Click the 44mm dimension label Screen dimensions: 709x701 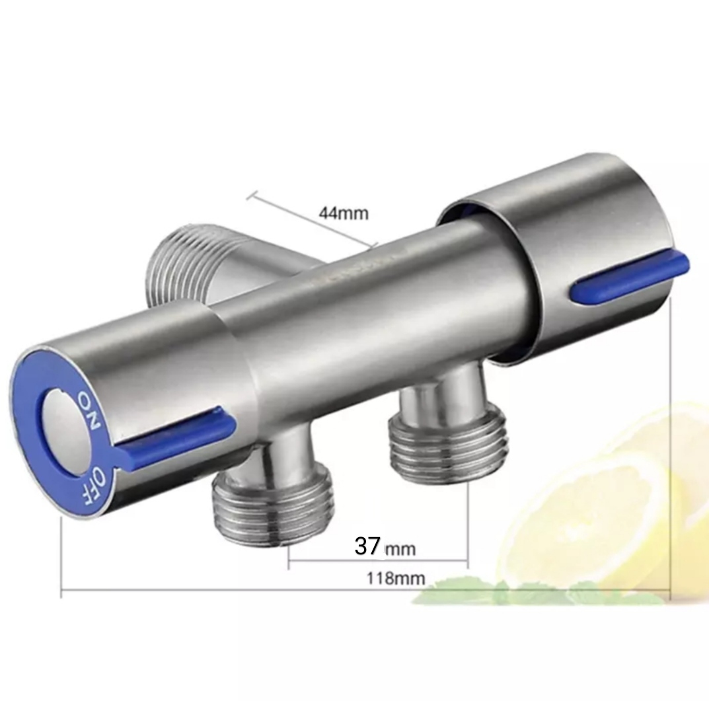point(344,213)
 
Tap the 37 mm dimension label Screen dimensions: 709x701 point(385,546)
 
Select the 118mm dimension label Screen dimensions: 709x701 point(396,578)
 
